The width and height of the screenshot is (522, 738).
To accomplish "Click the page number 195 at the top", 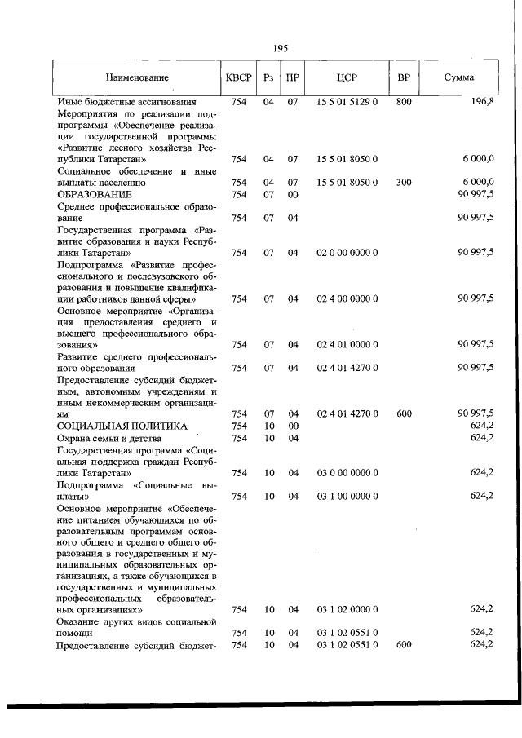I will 281,48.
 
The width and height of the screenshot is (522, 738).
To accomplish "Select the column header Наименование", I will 137,78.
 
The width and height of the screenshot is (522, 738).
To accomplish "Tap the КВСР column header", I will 238,78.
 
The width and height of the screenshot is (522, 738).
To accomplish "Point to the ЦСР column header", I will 347,78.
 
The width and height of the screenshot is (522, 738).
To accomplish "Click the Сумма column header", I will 460,78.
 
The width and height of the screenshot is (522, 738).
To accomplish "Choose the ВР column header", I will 403,78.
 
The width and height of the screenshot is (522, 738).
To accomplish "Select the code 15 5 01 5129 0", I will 347,102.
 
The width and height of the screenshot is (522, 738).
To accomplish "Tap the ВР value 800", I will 403,102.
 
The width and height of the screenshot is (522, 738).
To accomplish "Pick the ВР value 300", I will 403,183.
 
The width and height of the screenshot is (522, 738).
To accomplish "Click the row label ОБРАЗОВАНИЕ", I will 95,195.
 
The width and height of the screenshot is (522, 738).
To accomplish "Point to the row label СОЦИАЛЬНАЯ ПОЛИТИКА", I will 122,426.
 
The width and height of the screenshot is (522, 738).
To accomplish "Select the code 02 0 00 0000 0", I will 347,253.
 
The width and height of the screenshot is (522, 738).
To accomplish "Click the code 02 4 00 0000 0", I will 347,298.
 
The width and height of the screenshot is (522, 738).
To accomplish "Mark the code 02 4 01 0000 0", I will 347,344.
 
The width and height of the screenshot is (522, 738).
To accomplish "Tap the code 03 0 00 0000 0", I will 347,472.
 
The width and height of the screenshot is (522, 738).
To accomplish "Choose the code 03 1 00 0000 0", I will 347,495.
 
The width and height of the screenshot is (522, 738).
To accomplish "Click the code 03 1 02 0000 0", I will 347,609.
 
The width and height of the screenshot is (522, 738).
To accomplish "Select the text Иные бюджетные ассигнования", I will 126,102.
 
